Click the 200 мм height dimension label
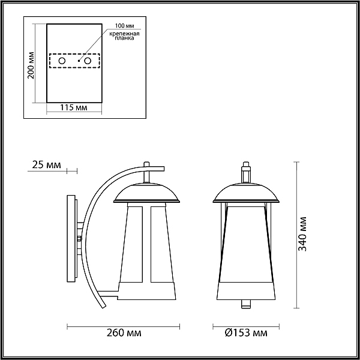tap(31, 65)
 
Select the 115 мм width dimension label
tap(74, 107)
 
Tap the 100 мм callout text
tap(125, 26)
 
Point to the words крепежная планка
tap(124, 36)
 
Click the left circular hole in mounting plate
tap(62, 61)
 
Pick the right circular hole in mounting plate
tap(88, 61)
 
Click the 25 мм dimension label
tap(46, 164)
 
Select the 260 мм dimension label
tap(124, 332)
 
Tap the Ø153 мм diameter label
tap(246, 332)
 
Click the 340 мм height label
tap(302, 234)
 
